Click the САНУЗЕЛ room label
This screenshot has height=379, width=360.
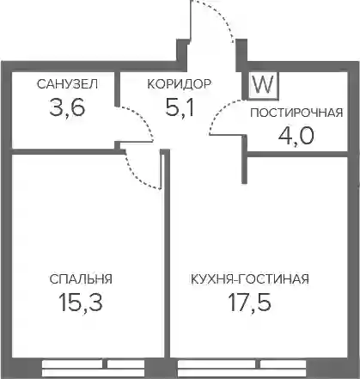tap(67, 84)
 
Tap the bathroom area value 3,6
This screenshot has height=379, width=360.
tap(67, 107)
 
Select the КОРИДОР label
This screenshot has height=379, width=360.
tap(180, 84)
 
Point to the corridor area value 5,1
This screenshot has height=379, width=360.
tap(180, 107)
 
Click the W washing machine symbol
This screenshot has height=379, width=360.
tap(264, 85)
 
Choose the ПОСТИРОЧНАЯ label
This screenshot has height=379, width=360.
tap(296, 113)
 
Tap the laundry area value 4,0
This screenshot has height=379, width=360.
tap(296, 136)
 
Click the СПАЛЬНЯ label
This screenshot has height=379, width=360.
tap(81, 279)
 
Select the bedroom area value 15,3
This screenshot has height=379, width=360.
tap(81, 303)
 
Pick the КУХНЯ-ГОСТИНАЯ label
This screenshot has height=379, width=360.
tap(250, 279)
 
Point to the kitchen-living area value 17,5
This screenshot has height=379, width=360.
tap(249, 303)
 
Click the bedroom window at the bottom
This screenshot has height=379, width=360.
tap(94, 368)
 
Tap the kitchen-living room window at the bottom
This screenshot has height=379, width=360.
tap(242, 368)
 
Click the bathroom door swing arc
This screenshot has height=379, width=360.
tap(144, 118)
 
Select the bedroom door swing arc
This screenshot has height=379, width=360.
tap(135, 177)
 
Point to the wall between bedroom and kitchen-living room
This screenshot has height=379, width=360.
tap(167, 255)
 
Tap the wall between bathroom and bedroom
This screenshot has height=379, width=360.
tap(64, 152)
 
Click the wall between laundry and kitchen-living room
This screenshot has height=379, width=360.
tap(296, 154)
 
